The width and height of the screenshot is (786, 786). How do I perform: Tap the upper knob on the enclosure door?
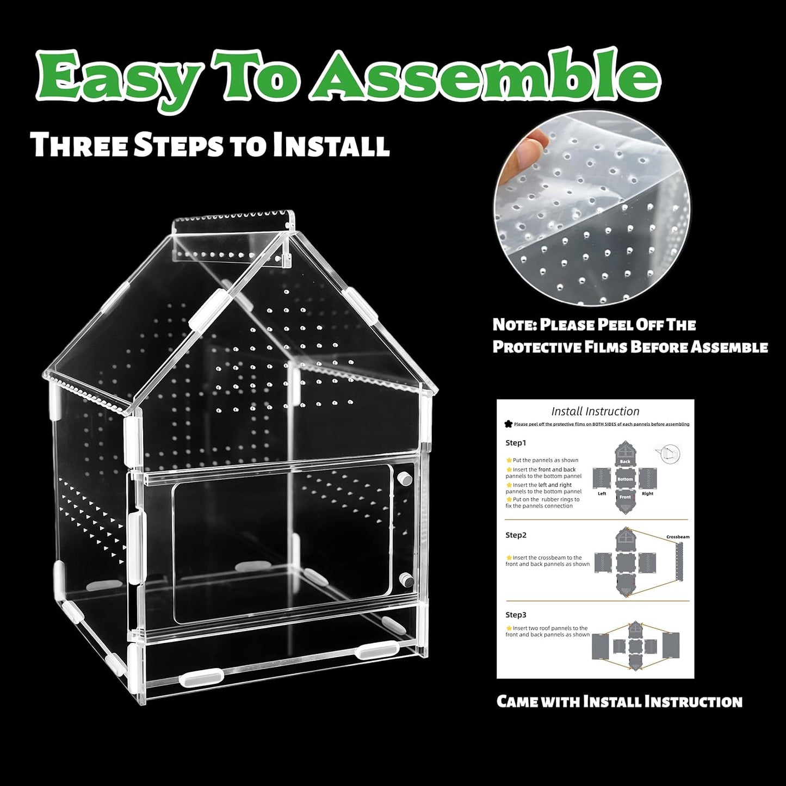pyautogui.click(x=404, y=479)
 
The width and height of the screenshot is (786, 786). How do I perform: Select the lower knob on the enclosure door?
pyautogui.click(x=404, y=578)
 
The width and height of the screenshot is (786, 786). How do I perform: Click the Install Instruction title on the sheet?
pyautogui.click(x=595, y=412)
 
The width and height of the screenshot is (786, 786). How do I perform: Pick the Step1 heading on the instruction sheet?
pyautogui.click(x=516, y=443)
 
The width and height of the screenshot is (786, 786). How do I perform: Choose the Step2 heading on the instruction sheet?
pyautogui.click(x=516, y=535)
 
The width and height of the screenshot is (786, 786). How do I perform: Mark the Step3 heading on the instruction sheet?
pyautogui.click(x=516, y=615)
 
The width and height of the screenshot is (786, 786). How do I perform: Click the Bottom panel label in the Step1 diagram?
pyautogui.click(x=625, y=479)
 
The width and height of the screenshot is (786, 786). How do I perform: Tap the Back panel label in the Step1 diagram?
pyautogui.click(x=625, y=462)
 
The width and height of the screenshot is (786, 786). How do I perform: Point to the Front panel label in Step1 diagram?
pyautogui.click(x=625, y=497)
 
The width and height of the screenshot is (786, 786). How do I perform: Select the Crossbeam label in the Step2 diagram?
pyautogui.click(x=678, y=537)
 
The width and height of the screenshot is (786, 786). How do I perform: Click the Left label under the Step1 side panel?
pyautogui.click(x=602, y=494)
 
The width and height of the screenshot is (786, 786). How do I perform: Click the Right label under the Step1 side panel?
pyautogui.click(x=647, y=494)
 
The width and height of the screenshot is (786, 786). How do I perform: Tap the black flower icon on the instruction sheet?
pyautogui.click(x=509, y=424)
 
